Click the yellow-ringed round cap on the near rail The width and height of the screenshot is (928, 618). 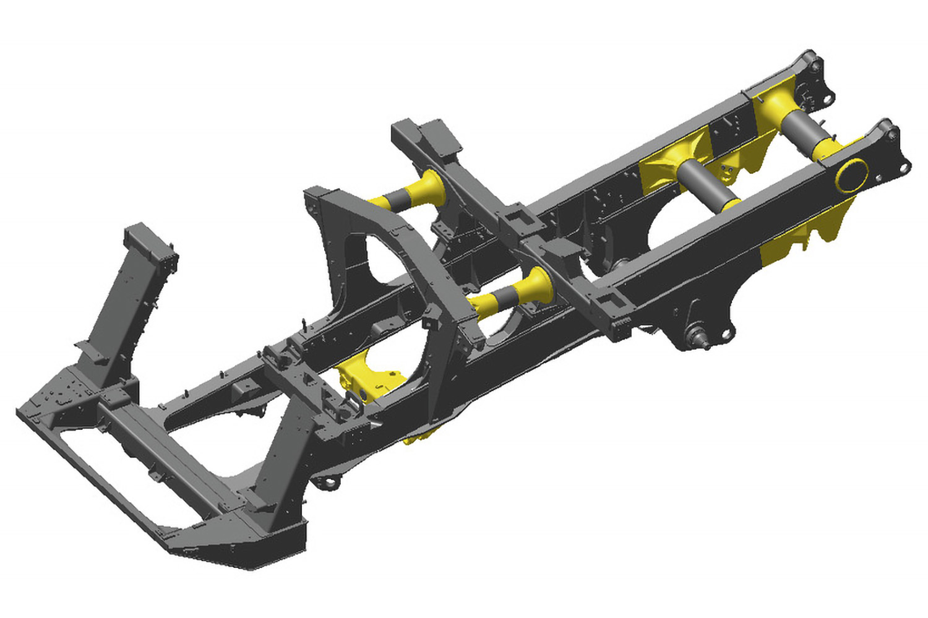pyautogui.click(x=852, y=175)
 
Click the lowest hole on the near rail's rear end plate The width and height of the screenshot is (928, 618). pyautogui.click(x=906, y=167)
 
